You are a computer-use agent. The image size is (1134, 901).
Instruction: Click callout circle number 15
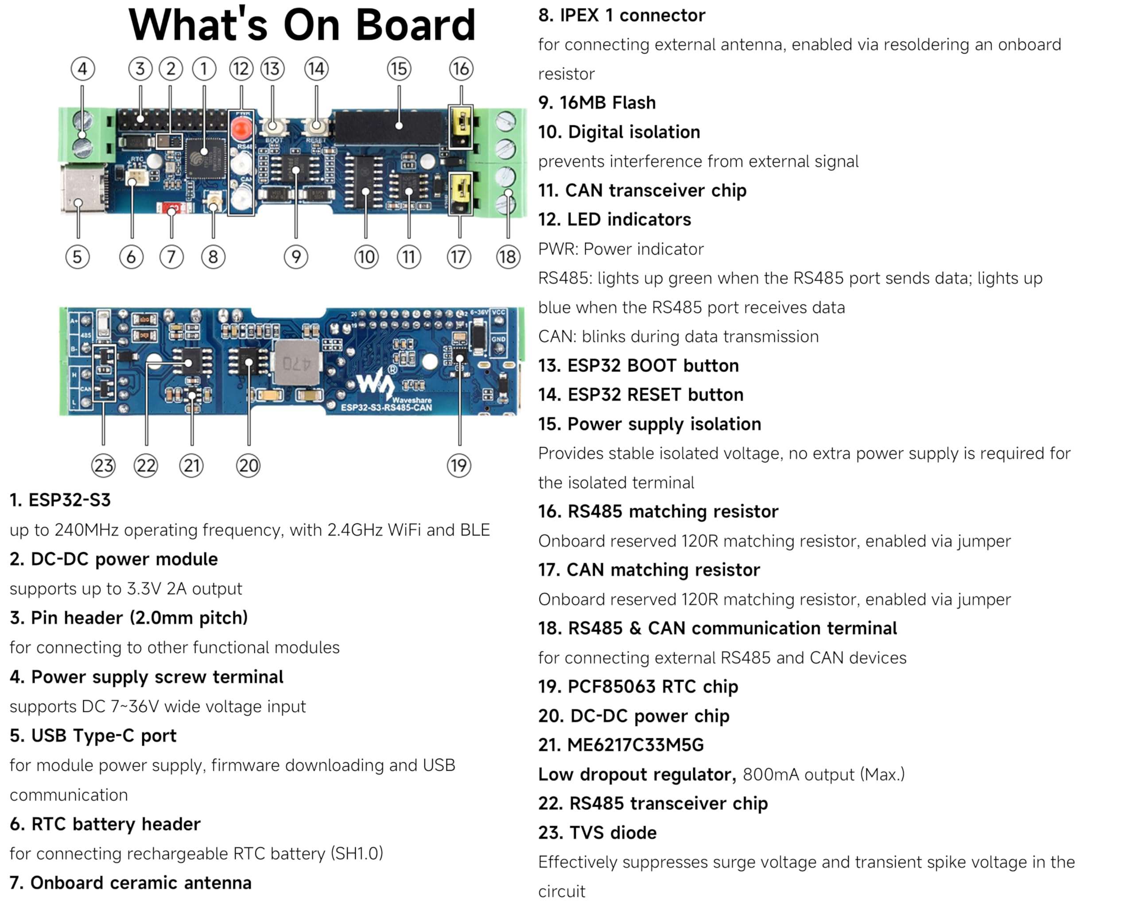click(x=398, y=68)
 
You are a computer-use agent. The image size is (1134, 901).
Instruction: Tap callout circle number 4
click(x=82, y=68)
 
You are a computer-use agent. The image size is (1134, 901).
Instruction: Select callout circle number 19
click(x=458, y=465)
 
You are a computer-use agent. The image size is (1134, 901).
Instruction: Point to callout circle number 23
click(x=103, y=465)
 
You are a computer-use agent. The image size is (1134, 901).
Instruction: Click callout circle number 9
click(x=295, y=257)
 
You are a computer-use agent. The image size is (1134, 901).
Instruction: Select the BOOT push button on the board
click(x=272, y=126)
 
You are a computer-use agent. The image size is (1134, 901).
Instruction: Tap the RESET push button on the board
click(x=316, y=126)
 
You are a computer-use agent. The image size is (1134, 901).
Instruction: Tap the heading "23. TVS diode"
click(x=597, y=833)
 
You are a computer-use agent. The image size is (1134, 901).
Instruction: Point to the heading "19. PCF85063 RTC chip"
click(x=637, y=686)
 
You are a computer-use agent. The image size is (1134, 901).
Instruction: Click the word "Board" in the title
click(x=416, y=25)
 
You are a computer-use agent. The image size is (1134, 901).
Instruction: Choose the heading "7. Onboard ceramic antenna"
click(x=130, y=882)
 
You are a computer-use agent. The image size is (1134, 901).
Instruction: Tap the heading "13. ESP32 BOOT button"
click(x=638, y=365)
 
